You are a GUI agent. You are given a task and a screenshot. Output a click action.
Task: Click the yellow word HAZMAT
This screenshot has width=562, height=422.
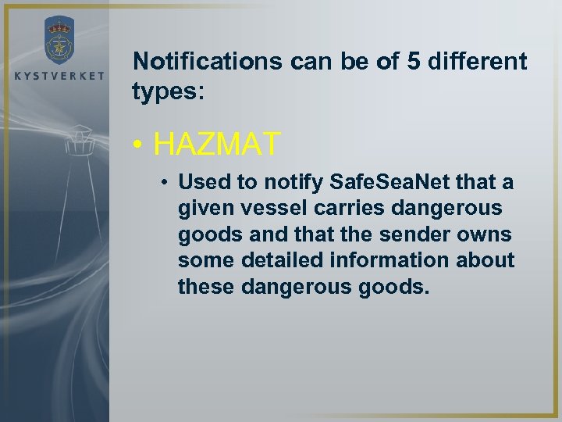(217, 143)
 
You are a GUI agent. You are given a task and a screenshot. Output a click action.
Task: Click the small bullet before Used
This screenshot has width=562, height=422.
(166, 183)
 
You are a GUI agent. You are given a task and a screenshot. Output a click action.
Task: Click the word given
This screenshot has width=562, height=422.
(203, 209)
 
